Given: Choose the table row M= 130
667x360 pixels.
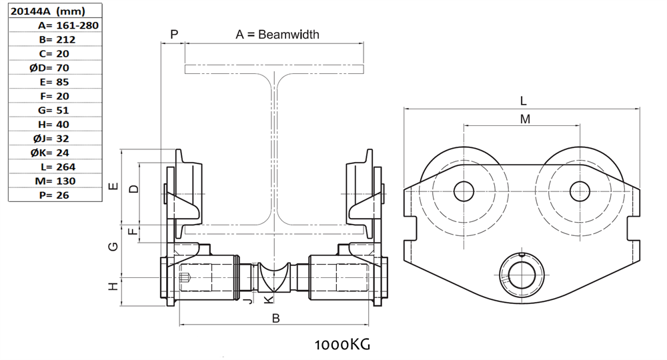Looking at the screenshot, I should [55, 181].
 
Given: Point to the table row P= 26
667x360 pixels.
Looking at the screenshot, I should [54, 195].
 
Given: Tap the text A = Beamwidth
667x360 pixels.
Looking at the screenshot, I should [277, 34].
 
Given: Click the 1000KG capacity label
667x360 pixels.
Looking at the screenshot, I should [342, 345].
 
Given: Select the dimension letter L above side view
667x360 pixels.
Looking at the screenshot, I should [524, 101].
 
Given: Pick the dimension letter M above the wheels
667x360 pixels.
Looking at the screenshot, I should [525, 119].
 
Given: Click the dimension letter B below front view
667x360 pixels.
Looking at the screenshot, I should [275, 319].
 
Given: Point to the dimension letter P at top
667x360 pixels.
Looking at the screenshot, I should [175, 34].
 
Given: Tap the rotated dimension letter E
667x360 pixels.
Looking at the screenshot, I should [113, 186].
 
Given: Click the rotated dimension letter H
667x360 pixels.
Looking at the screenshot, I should [113, 286].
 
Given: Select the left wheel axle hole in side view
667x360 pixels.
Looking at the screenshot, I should [464, 191].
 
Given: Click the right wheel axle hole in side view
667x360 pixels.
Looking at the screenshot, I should [580, 191].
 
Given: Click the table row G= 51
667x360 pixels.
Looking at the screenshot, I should [54, 110].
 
